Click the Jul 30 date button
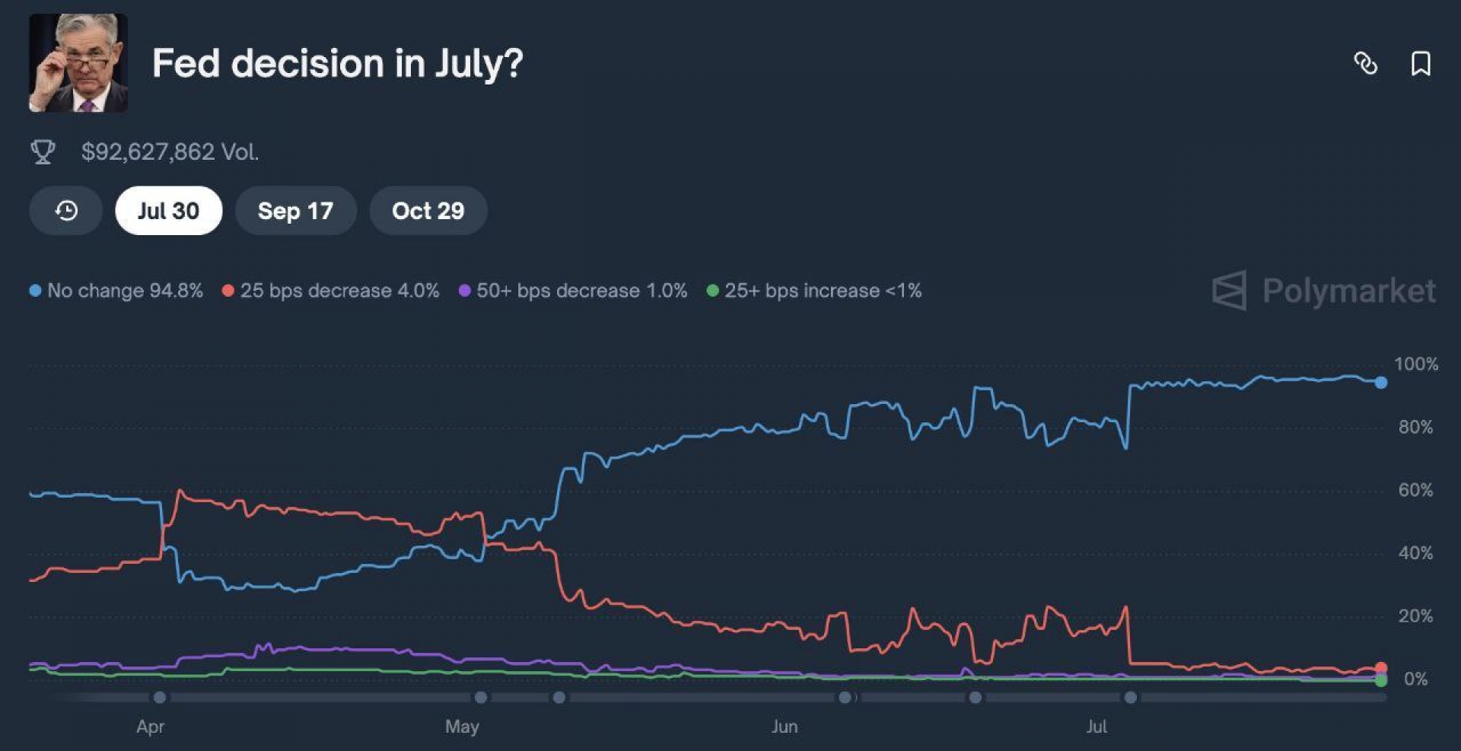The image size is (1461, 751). [168, 211]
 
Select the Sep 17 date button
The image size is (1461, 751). [295, 211]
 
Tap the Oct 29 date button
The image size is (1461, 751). [428, 211]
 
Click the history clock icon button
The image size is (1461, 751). [66, 211]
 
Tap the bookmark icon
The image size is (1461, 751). [1420, 63]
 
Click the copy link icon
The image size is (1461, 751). [1366, 63]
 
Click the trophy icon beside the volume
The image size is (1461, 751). [43, 152]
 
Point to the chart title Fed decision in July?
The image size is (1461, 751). [337, 63]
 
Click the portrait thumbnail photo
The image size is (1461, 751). [78, 63]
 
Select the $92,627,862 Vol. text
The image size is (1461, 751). [170, 152]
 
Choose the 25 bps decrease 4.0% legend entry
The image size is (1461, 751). [331, 291]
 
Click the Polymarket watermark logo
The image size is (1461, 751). [1324, 291]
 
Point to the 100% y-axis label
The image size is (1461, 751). [1415, 364]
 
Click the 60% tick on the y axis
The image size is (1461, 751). [1415, 490]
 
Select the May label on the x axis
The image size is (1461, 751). [462, 727]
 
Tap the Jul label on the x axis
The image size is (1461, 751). [1097, 727]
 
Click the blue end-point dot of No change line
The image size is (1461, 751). [1380, 383]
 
